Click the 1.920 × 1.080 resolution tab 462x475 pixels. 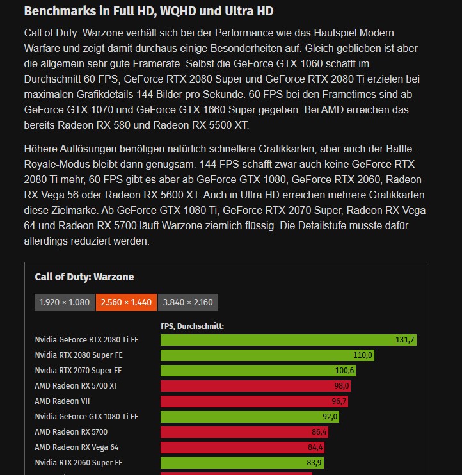click(64, 302)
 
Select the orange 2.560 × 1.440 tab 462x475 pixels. click(126, 302)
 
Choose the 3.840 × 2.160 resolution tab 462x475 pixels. click(188, 302)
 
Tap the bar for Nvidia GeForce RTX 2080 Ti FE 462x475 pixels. click(288, 340)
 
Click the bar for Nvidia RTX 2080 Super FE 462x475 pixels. click(267, 355)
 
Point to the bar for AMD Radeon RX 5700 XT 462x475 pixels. click(255, 386)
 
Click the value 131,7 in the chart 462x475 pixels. click(405, 340)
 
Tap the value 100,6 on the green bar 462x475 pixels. click(344, 371)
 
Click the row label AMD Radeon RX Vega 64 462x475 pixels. click(76, 447)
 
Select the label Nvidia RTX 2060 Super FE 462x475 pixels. click(78, 463)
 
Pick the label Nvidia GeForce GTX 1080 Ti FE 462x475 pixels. click(86, 417)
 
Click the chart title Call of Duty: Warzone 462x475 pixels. click(84, 277)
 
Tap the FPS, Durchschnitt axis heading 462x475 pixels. click(192, 326)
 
